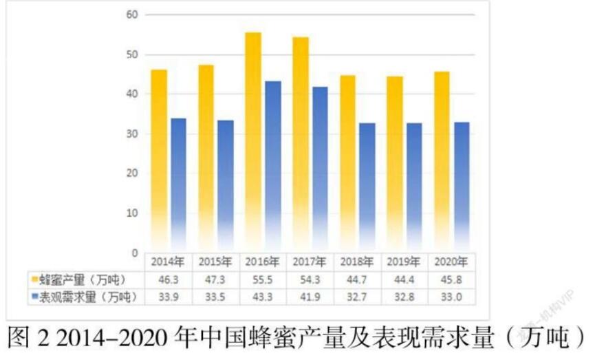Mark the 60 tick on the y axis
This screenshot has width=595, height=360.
tap(132, 14)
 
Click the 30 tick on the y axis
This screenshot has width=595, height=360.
tap(132, 134)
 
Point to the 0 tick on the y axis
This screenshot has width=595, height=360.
tap(135, 253)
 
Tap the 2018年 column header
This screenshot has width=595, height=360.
tap(357, 262)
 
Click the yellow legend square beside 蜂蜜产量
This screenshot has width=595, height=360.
tap(34, 279)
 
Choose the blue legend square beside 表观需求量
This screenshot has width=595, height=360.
tap(34, 297)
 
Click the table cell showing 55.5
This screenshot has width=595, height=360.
tap(263, 279)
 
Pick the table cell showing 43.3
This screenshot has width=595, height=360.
tap(263, 297)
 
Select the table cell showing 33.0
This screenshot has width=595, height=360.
tap(451, 297)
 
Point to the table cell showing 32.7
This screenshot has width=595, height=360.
tap(357, 297)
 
